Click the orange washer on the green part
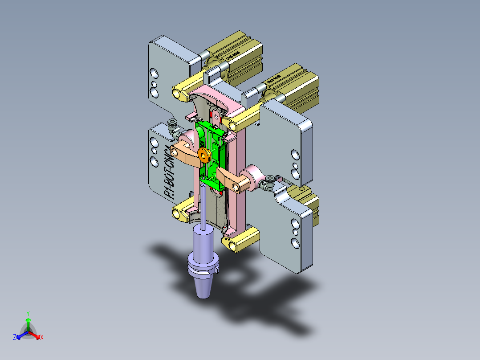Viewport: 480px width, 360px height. [x=205, y=155]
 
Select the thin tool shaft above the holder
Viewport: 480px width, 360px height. [x=203, y=205]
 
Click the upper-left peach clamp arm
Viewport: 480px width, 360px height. [x=183, y=152]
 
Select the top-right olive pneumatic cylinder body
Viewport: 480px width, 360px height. [x=294, y=85]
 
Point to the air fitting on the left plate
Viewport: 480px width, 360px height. [x=171, y=126]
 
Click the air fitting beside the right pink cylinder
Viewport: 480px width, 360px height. [x=269, y=182]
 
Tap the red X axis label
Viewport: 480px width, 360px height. [x=42, y=338]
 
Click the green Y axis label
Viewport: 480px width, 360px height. [x=28, y=313]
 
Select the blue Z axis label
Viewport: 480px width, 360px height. [x=15, y=337]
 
